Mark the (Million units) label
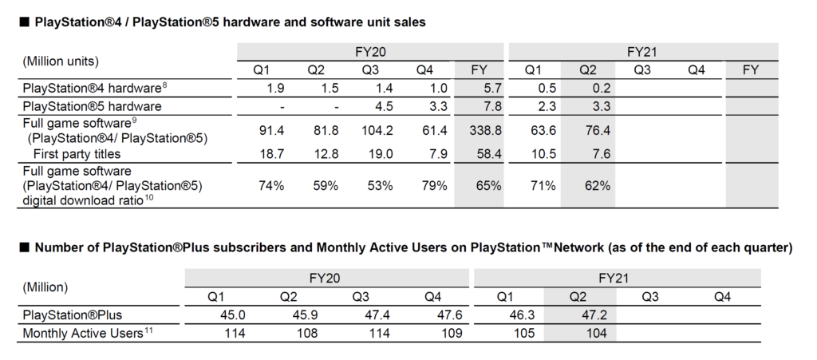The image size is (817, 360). click(61, 61)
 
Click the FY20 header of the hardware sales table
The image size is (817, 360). click(371, 51)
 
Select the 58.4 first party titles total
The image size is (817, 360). click(488, 152)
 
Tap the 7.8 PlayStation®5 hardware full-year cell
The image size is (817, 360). click(491, 106)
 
